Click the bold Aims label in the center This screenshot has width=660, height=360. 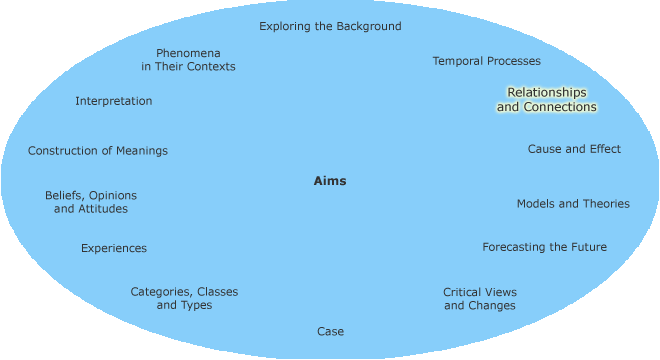pyautogui.click(x=330, y=181)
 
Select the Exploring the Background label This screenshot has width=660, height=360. pyautogui.click(x=330, y=26)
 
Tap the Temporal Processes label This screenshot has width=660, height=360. pyautogui.click(x=486, y=61)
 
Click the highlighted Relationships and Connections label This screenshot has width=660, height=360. pyautogui.click(x=546, y=99)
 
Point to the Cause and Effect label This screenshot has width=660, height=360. pyautogui.click(x=574, y=149)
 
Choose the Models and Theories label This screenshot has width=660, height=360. pyautogui.click(x=573, y=203)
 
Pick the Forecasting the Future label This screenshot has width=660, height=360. pyautogui.click(x=544, y=247)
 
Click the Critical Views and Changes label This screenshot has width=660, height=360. pyautogui.click(x=480, y=298)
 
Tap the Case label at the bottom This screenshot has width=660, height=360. pyautogui.click(x=330, y=331)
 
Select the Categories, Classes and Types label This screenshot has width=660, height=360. pyautogui.click(x=184, y=298)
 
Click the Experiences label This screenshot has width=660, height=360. pyautogui.click(x=114, y=248)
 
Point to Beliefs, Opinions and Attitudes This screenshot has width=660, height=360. pyautogui.click(x=91, y=202)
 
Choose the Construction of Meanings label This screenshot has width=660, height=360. pyautogui.click(x=98, y=151)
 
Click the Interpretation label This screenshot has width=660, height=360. pyautogui.click(x=114, y=101)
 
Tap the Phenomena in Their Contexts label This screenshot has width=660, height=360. pyautogui.click(x=188, y=59)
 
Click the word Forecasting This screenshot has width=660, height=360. pyautogui.click(x=514, y=247)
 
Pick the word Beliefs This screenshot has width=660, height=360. pyautogui.click(x=63, y=195)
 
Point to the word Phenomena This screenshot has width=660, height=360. pyautogui.click(x=188, y=52)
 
